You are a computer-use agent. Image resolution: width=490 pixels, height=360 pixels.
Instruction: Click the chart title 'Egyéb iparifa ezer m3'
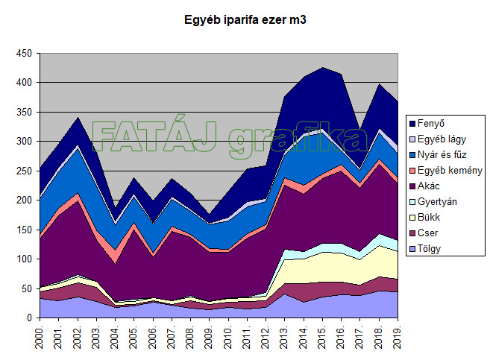245,20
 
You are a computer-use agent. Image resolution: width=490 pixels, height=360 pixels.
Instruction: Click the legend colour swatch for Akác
412,186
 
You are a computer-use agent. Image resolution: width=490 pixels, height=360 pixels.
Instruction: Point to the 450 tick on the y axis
24,54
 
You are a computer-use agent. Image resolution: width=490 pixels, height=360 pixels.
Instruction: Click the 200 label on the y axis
24,200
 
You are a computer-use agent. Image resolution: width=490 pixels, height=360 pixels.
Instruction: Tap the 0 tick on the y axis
29,318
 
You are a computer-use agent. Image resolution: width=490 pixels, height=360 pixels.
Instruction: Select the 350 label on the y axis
24,113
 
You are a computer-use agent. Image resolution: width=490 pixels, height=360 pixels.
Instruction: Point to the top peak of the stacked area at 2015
323,67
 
